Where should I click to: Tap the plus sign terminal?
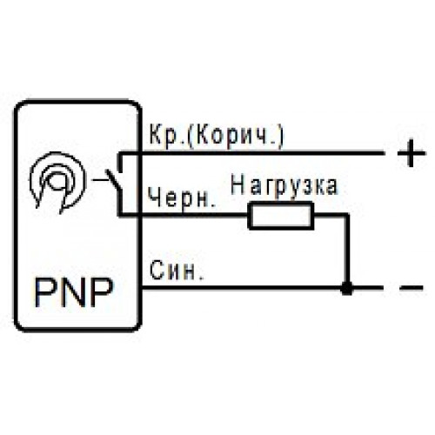pyautogui.click(x=412, y=153)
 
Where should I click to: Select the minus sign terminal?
pyautogui.click(x=412, y=288)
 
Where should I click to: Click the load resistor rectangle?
pyautogui.click(x=281, y=216)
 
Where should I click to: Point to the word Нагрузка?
pyautogui.click(x=284, y=186)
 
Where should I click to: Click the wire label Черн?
pyautogui.click(x=182, y=197)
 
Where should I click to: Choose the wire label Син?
pyautogui.click(x=177, y=271)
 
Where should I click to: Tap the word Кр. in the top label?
pyautogui.click(x=167, y=136)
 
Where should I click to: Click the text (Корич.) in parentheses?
pyautogui.click(x=236, y=137)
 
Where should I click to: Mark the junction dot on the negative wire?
pyautogui.click(x=347, y=288)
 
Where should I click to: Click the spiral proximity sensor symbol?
pyautogui.click(x=58, y=182)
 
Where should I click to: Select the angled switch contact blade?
pyautogui.click(x=114, y=181)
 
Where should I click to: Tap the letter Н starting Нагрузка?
pyautogui.click(x=238, y=185)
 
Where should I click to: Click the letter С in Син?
pyautogui.click(x=157, y=271)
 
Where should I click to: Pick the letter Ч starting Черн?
pyautogui.click(x=155, y=197)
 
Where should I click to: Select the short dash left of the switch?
pyautogui.click(x=99, y=180)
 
